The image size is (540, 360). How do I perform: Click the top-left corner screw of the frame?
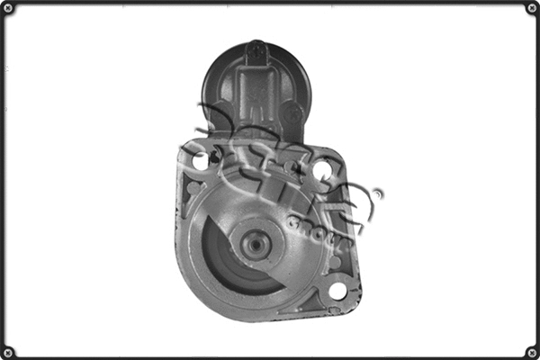8,8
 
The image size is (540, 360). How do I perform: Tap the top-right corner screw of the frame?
532,8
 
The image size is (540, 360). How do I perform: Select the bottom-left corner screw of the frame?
8,352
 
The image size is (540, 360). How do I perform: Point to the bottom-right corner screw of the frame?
532,352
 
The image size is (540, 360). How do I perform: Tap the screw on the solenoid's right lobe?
293,115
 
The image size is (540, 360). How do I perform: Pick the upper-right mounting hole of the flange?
322,168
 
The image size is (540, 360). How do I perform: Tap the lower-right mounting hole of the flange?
337,291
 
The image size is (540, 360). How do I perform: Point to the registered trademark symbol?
377,193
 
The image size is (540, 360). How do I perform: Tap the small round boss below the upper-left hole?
193,188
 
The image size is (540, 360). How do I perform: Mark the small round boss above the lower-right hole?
336,262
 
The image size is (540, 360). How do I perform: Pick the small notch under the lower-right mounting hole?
336,309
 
